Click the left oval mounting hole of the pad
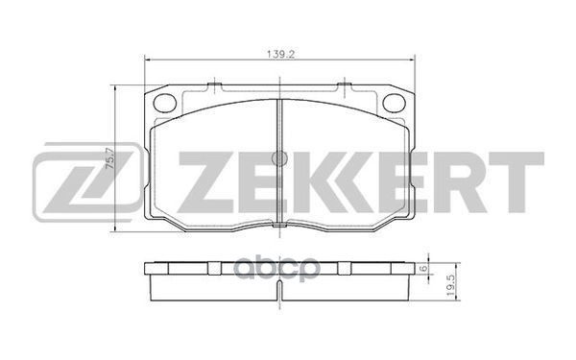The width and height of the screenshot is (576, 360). [165, 100]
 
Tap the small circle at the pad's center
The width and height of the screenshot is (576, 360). [278, 158]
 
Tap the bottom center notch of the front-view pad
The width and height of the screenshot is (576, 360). [278, 228]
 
